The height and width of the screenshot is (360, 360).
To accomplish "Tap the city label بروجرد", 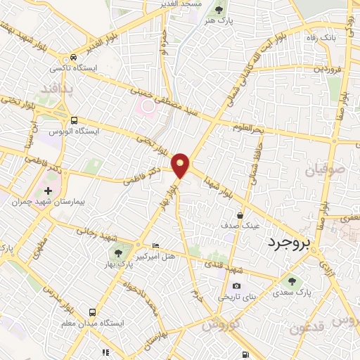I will click(x=288, y=243).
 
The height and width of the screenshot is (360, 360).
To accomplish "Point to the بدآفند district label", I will click(x=58, y=89).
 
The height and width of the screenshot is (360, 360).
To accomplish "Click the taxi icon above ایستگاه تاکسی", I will click(x=73, y=58).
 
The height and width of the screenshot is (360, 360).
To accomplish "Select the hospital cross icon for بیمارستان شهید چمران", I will click(x=47, y=191).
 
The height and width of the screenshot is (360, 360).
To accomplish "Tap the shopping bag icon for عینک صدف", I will click(x=240, y=215).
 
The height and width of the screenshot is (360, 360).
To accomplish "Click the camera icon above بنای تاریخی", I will click(x=237, y=285).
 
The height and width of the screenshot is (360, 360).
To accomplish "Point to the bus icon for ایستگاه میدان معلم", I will click(x=93, y=311).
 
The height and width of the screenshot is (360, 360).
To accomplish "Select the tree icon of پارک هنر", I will click(x=219, y=10).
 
